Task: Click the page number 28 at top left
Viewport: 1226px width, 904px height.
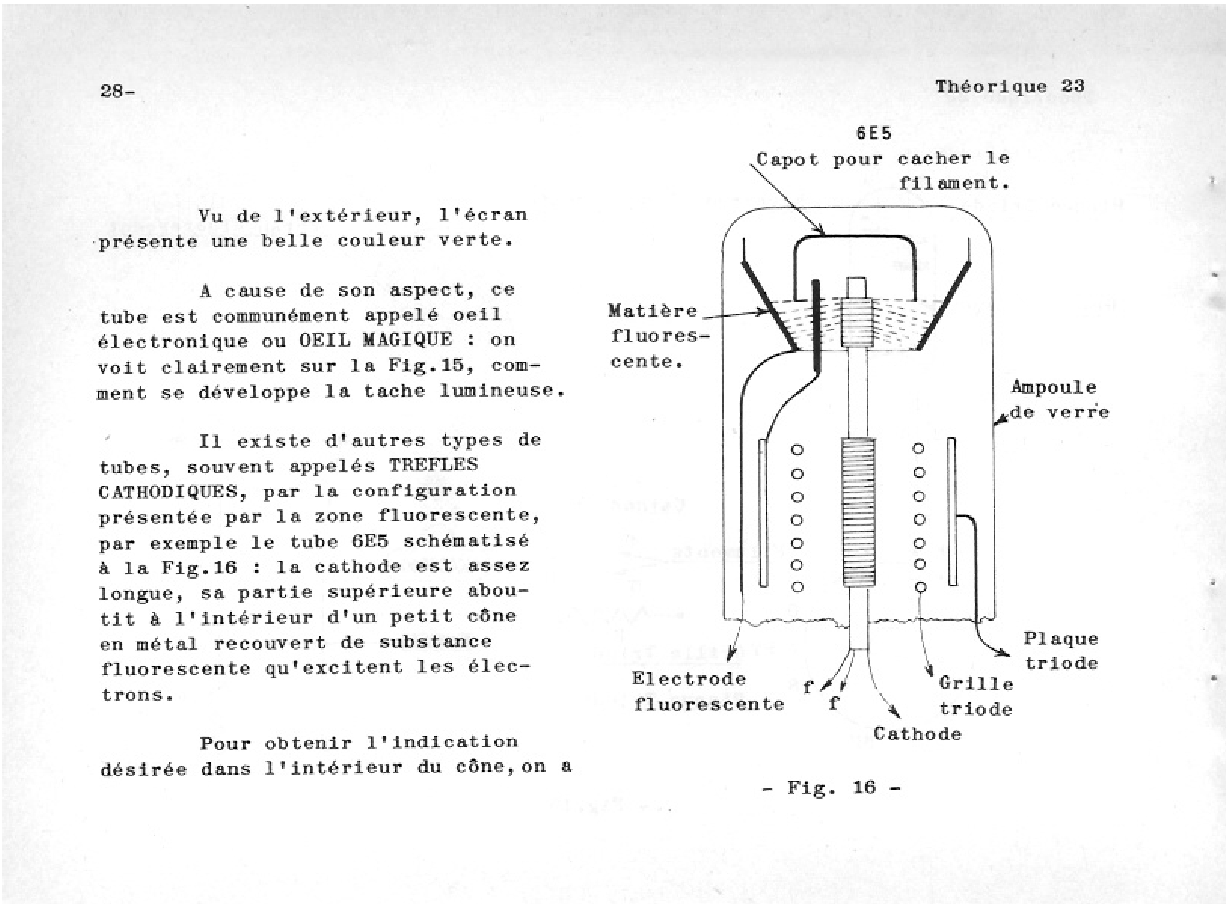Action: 116,91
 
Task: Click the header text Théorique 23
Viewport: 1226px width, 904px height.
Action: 1009,86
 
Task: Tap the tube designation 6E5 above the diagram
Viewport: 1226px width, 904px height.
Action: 873,133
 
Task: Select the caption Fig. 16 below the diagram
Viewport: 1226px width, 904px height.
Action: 831,788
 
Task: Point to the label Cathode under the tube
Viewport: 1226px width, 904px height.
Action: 917,733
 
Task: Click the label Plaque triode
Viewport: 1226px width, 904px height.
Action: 1061,651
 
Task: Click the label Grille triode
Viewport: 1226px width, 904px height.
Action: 976,696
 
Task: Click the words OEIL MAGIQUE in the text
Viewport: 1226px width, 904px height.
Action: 376,340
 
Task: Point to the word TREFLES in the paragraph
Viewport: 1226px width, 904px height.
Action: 433,465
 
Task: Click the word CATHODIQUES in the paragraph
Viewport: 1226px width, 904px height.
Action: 168,492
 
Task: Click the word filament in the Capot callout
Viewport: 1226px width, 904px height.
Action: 953,183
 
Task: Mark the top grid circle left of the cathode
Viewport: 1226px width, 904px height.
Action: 797,450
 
